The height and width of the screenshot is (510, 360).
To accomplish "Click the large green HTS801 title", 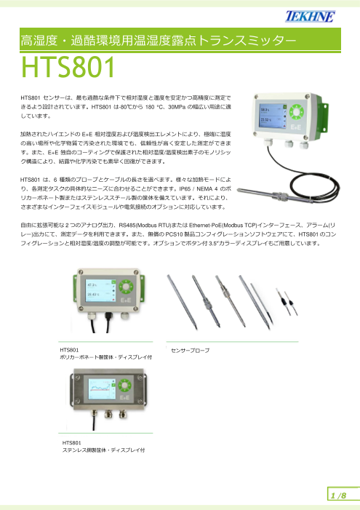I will point(68,69).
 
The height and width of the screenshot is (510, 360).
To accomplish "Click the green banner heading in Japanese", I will point(159,39).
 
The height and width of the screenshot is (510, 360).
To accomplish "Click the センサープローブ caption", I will point(190,351).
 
